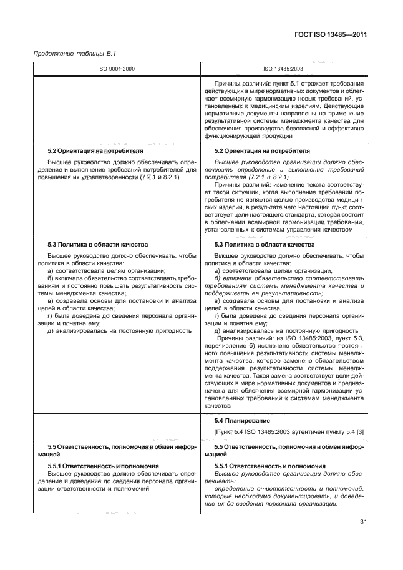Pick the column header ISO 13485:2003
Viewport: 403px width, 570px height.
[283, 69]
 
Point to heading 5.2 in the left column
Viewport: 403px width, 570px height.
[95, 151]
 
